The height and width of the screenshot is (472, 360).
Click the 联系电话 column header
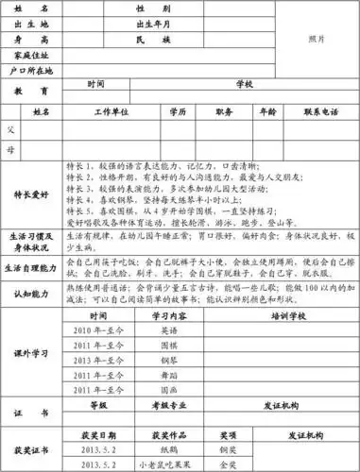click(x=319, y=111)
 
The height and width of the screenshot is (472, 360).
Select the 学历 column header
click(x=178, y=111)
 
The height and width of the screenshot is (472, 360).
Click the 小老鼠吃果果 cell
click(x=170, y=465)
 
